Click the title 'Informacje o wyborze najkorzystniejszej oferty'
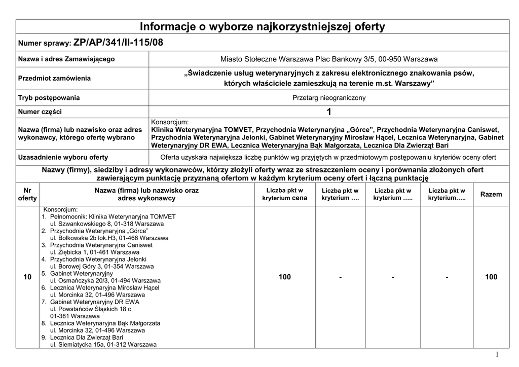click(262, 27)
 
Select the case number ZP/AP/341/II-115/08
click(119, 43)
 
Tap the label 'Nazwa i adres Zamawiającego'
click(66, 59)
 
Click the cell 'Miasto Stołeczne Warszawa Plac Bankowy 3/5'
click(329, 59)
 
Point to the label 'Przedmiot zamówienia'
click(54, 79)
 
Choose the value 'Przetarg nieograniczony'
click(329, 98)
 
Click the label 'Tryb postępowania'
click(49, 98)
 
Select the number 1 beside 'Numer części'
click(329, 112)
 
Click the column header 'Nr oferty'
click(27, 194)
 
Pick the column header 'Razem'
click(491, 194)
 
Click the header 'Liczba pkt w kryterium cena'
click(284, 194)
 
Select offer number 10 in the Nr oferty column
click(27, 277)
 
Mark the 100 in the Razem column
click(491, 277)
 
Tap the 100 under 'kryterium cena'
click(284, 277)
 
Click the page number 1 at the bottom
click(497, 354)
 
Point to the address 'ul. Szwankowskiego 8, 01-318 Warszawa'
click(106, 224)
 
